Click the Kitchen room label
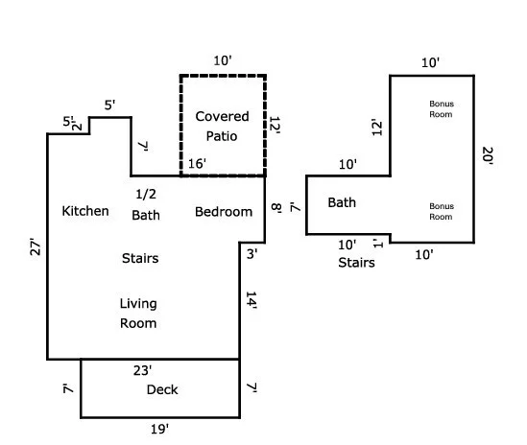tap(85, 211)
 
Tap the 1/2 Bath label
tap(146, 204)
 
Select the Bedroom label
tap(224, 212)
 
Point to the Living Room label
tap(138, 314)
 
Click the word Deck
tap(162, 389)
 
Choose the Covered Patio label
tap(222, 127)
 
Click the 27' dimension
tap(36, 247)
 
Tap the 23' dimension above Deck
tap(142, 370)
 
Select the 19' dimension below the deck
tap(159, 429)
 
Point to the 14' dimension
tap(252, 300)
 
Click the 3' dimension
tap(252, 254)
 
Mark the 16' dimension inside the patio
tap(197, 164)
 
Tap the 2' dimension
tap(78, 125)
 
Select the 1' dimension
tap(378, 243)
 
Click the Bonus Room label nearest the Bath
tap(442, 211)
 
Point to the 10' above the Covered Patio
tap(223, 60)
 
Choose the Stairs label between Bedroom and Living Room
tap(140, 258)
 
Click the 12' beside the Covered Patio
tap(275, 126)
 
